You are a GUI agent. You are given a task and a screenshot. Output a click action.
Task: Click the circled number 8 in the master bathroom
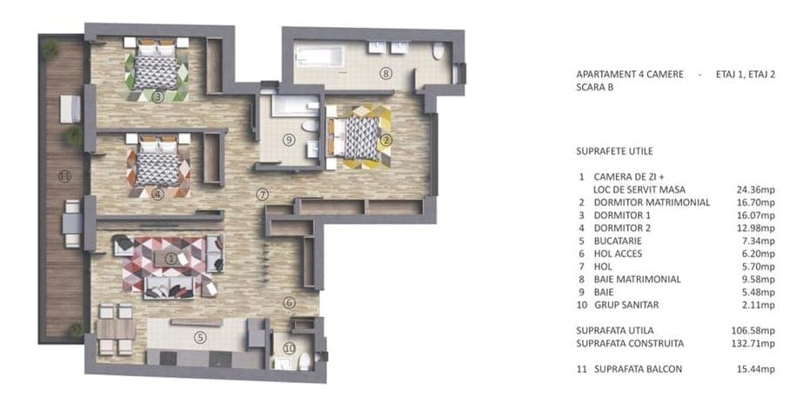click(x=385, y=74)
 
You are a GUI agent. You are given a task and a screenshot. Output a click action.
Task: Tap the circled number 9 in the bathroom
click(x=289, y=140)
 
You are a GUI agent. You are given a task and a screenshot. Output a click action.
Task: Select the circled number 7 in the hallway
click(x=262, y=195)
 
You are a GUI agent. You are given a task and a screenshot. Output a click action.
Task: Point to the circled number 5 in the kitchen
click(x=201, y=337)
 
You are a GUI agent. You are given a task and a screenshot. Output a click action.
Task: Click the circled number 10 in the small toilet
click(x=290, y=348)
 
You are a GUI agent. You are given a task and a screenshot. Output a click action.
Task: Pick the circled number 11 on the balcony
click(x=64, y=176)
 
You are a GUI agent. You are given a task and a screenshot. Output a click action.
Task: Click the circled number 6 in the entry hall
click(x=289, y=303)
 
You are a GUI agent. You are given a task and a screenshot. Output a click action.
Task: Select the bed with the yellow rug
click(x=357, y=137)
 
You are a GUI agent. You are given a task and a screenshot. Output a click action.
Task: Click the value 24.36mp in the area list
click(x=756, y=189)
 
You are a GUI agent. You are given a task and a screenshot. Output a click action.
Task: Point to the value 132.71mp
click(x=754, y=343)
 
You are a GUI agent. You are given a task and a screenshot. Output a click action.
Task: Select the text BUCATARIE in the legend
click(x=618, y=241)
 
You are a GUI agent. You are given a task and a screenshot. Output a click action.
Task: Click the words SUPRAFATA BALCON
click(x=639, y=369)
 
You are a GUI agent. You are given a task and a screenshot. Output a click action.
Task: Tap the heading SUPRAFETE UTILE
click(x=615, y=151)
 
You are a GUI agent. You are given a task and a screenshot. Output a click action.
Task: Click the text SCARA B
click(x=595, y=87)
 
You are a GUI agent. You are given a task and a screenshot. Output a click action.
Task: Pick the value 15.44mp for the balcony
click(x=756, y=369)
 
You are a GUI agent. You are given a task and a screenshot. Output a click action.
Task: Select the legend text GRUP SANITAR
click(x=626, y=305)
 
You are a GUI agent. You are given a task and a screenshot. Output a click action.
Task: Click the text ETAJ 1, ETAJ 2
click(x=746, y=74)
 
